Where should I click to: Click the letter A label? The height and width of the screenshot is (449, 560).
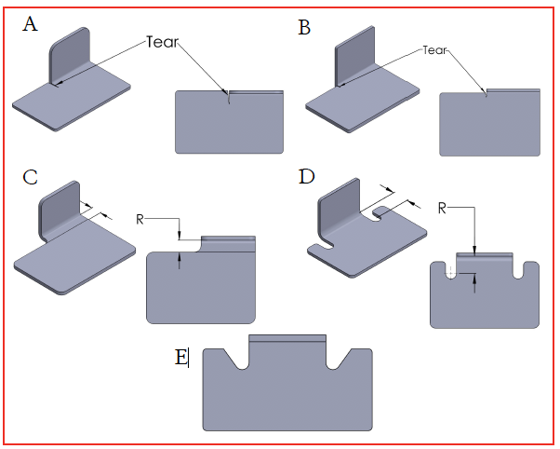coord(31,25)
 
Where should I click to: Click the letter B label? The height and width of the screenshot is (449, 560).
coord(304,28)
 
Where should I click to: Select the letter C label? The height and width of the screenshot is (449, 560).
coord(30,176)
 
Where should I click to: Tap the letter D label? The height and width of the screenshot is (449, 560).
coord(306,176)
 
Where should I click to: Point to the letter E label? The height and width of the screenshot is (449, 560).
coord(180,356)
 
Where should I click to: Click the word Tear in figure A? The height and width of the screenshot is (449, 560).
coord(161,42)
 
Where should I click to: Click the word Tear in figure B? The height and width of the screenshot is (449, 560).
coord(435,49)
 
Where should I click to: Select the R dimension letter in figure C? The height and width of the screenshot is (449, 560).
coord(140,219)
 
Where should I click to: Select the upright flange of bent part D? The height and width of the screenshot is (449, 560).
coord(340,207)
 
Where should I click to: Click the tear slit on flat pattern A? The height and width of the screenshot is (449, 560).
coord(228,100)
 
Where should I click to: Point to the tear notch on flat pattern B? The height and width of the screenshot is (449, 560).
coord(486,93)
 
